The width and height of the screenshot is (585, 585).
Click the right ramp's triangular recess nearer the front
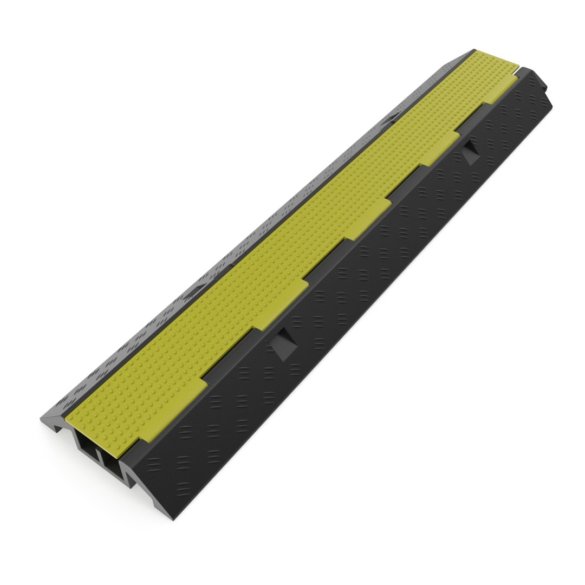[284, 344]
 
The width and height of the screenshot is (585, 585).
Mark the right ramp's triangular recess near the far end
[470, 151]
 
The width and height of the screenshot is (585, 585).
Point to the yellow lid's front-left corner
[69, 417]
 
